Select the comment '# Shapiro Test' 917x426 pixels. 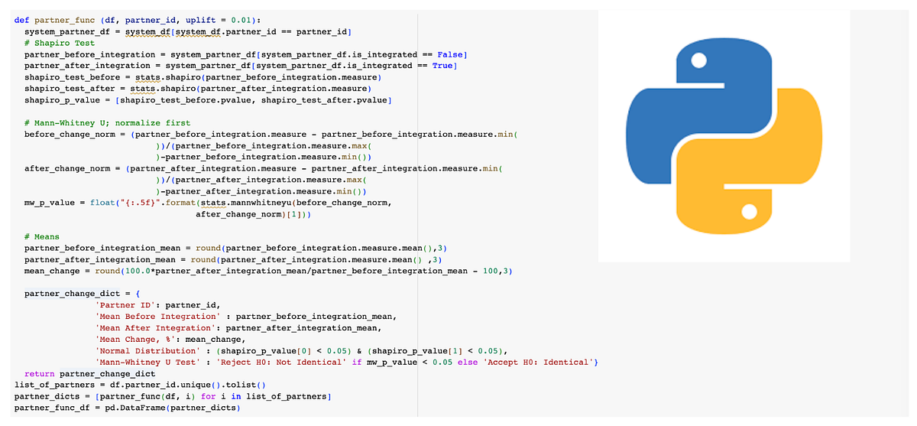(x=60, y=43)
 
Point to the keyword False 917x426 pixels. (x=452, y=54)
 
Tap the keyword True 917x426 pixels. (x=443, y=66)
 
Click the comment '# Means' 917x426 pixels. (x=41, y=237)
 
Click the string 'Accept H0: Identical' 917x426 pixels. (x=542, y=363)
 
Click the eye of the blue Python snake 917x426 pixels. (x=695, y=61)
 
